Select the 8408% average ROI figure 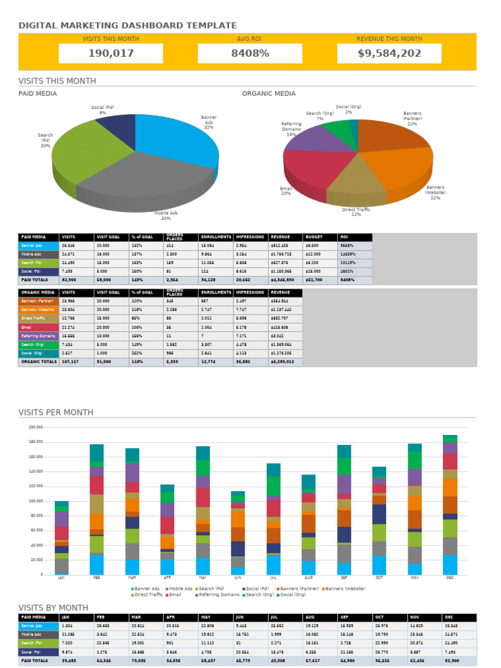click(x=250, y=53)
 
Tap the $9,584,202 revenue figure click(x=389, y=53)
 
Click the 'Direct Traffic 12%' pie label click(x=356, y=211)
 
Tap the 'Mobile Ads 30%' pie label click(x=166, y=215)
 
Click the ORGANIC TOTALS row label click(x=38, y=361)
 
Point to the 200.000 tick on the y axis click(x=35, y=427)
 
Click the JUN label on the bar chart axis click(x=237, y=578)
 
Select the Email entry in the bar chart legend click(x=174, y=595)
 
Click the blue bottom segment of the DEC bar click(x=450, y=565)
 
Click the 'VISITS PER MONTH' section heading click(x=55, y=412)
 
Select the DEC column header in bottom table click(x=451, y=617)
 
